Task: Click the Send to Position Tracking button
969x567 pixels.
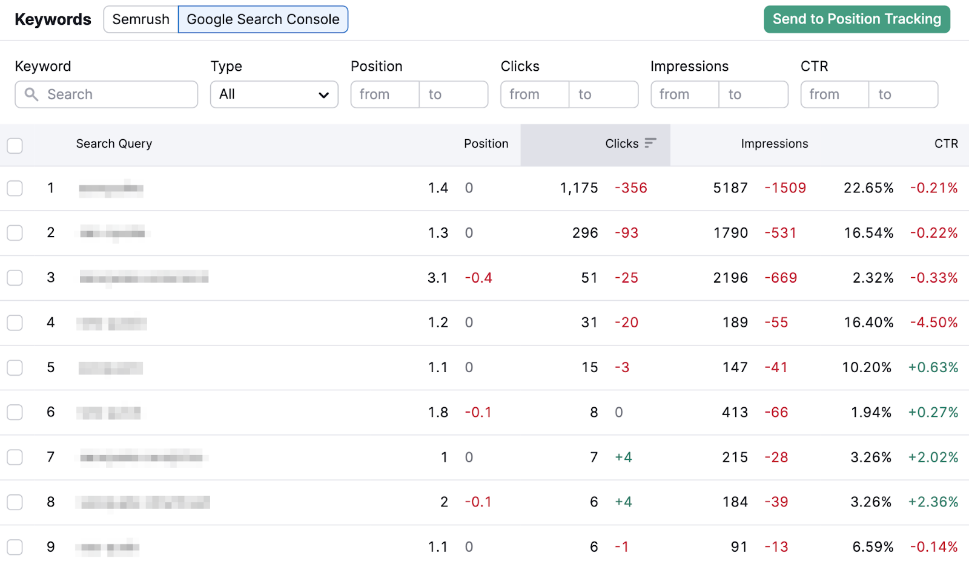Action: (856, 19)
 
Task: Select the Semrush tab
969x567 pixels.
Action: (141, 19)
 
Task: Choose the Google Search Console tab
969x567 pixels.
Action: (263, 19)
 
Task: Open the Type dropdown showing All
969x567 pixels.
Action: (274, 94)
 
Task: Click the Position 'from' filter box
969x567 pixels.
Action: (385, 94)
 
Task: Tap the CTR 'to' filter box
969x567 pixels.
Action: (903, 94)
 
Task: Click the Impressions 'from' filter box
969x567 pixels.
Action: (684, 94)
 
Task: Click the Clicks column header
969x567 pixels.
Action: (621, 144)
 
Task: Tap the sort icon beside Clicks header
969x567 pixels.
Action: (650, 143)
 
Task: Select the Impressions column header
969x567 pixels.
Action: (774, 144)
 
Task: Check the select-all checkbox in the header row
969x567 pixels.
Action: (15, 145)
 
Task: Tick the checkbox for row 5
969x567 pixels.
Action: (15, 368)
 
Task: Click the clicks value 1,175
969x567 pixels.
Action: (579, 188)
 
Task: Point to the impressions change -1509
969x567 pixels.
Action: (785, 188)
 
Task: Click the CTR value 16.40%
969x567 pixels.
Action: (868, 323)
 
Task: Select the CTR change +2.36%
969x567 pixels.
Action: (933, 502)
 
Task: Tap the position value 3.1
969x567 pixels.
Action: (437, 278)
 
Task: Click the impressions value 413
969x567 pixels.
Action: (735, 413)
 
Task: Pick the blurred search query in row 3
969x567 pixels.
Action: (144, 278)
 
